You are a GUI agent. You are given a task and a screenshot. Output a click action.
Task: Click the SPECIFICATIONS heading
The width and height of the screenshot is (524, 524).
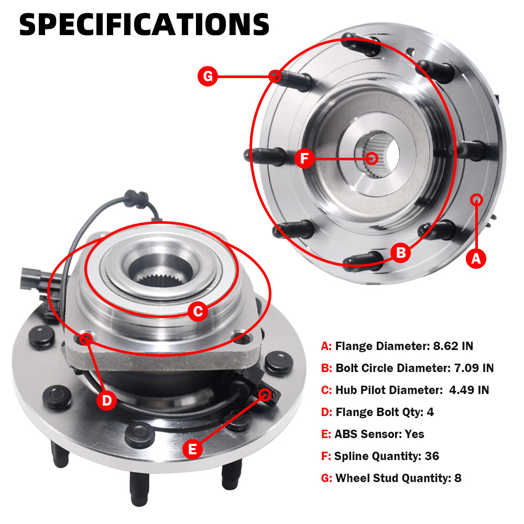pyautogui.click(x=144, y=25)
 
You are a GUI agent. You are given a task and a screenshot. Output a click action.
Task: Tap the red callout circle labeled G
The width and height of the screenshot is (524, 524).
pyautogui.click(x=208, y=76)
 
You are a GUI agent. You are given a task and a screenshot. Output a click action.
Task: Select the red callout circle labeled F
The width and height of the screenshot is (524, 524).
pyautogui.click(x=304, y=158)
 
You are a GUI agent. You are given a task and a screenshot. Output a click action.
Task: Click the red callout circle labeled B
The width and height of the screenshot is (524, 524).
pyautogui.click(x=401, y=253)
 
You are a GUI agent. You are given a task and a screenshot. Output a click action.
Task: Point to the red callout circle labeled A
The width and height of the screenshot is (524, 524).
pyautogui.click(x=476, y=258)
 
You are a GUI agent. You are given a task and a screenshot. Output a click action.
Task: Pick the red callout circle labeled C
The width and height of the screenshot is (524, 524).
pyautogui.click(x=198, y=311)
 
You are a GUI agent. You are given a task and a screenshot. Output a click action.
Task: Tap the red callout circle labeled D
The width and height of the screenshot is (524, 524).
pyautogui.click(x=106, y=400)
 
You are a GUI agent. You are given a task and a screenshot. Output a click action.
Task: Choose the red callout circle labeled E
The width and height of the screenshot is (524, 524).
pyautogui.click(x=192, y=449)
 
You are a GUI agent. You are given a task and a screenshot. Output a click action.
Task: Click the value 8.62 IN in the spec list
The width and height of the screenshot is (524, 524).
pyautogui.click(x=453, y=346)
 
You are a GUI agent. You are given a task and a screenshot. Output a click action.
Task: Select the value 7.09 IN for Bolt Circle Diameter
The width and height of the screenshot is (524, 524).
pyautogui.click(x=474, y=368)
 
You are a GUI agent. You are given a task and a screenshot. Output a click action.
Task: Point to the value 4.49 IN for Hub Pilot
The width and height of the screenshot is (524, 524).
pyautogui.click(x=469, y=390)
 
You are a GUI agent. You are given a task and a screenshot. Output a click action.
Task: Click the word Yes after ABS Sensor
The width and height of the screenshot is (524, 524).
pyautogui.click(x=414, y=434)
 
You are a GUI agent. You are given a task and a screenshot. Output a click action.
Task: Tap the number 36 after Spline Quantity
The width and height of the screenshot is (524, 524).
pyautogui.click(x=432, y=456)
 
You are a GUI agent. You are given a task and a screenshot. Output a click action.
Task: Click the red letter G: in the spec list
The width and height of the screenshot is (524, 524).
pyautogui.click(x=326, y=478)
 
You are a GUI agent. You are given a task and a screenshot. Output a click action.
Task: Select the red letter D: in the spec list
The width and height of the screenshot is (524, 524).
pyautogui.click(x=326, y=412)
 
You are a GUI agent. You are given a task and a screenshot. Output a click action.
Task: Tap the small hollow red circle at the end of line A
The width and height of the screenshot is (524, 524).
pyautogui.click(x=476, y=200)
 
